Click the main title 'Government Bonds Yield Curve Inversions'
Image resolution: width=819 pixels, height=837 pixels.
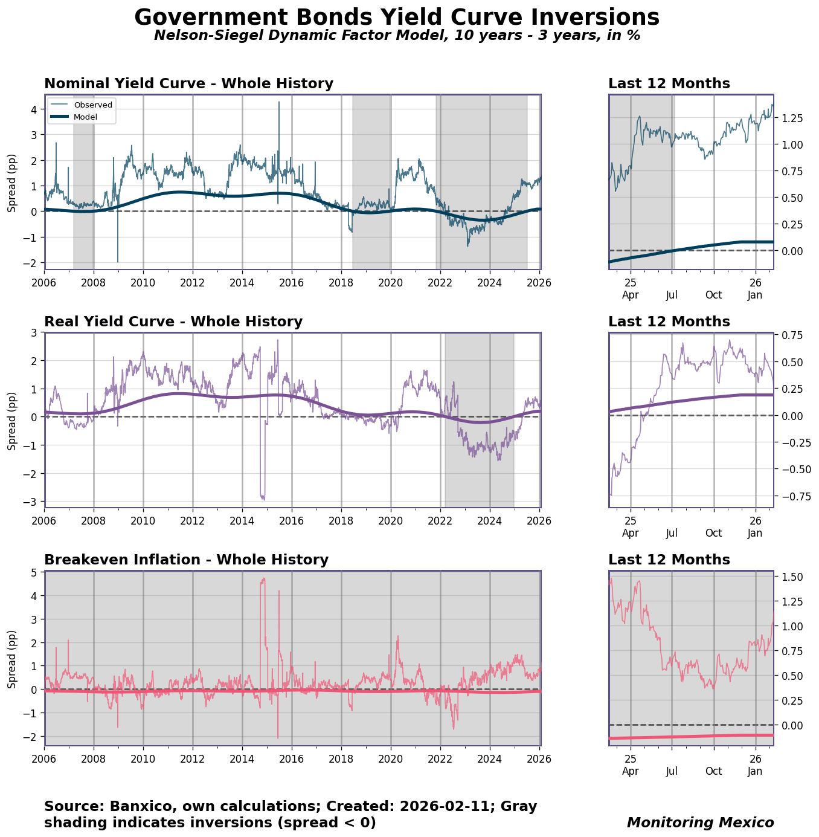point(397,17)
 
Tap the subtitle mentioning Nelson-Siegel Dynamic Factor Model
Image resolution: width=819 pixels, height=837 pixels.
point(397,36)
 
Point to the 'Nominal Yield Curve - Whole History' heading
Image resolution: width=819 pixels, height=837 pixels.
point(188,84)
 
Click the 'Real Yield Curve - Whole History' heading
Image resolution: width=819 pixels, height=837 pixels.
point(173,322)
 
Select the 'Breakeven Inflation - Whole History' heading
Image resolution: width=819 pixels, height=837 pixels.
point(186,560)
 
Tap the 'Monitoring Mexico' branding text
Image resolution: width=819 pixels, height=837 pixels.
point(700,822)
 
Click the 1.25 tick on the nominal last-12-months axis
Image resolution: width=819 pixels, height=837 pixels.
point(791,118)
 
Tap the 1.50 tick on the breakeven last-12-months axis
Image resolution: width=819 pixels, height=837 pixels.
point(791,577)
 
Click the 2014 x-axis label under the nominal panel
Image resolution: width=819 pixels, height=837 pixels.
point(242,282)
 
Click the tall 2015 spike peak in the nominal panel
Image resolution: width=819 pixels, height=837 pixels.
point(279,103)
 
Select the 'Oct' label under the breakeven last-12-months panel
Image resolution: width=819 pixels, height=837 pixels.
point(714,771)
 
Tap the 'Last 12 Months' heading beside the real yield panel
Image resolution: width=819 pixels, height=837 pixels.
point(669,322)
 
